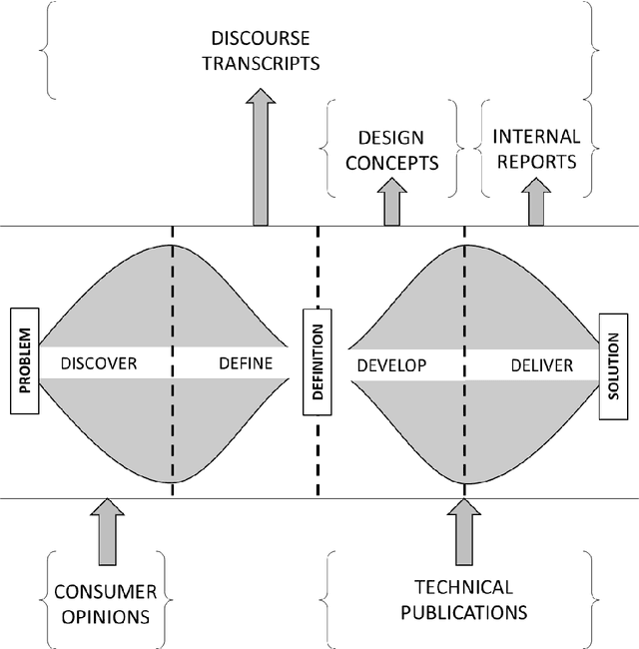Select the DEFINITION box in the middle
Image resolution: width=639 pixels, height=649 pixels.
click(317, 361)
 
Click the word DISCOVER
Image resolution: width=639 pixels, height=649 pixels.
click(98, 363)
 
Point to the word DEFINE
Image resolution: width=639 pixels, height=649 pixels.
click(245, 363)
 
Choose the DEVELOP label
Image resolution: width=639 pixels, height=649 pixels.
click(391, 365)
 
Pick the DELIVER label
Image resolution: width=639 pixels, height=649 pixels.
click(542, 365)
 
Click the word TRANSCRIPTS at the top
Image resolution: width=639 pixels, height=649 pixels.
click(261, 62)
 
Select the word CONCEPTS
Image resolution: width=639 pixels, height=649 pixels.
click(390, 163)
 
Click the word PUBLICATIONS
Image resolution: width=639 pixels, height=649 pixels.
click(463, 611)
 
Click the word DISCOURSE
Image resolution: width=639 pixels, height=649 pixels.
click(261, 39)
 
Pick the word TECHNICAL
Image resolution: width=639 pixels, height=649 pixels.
click(463, 587)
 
